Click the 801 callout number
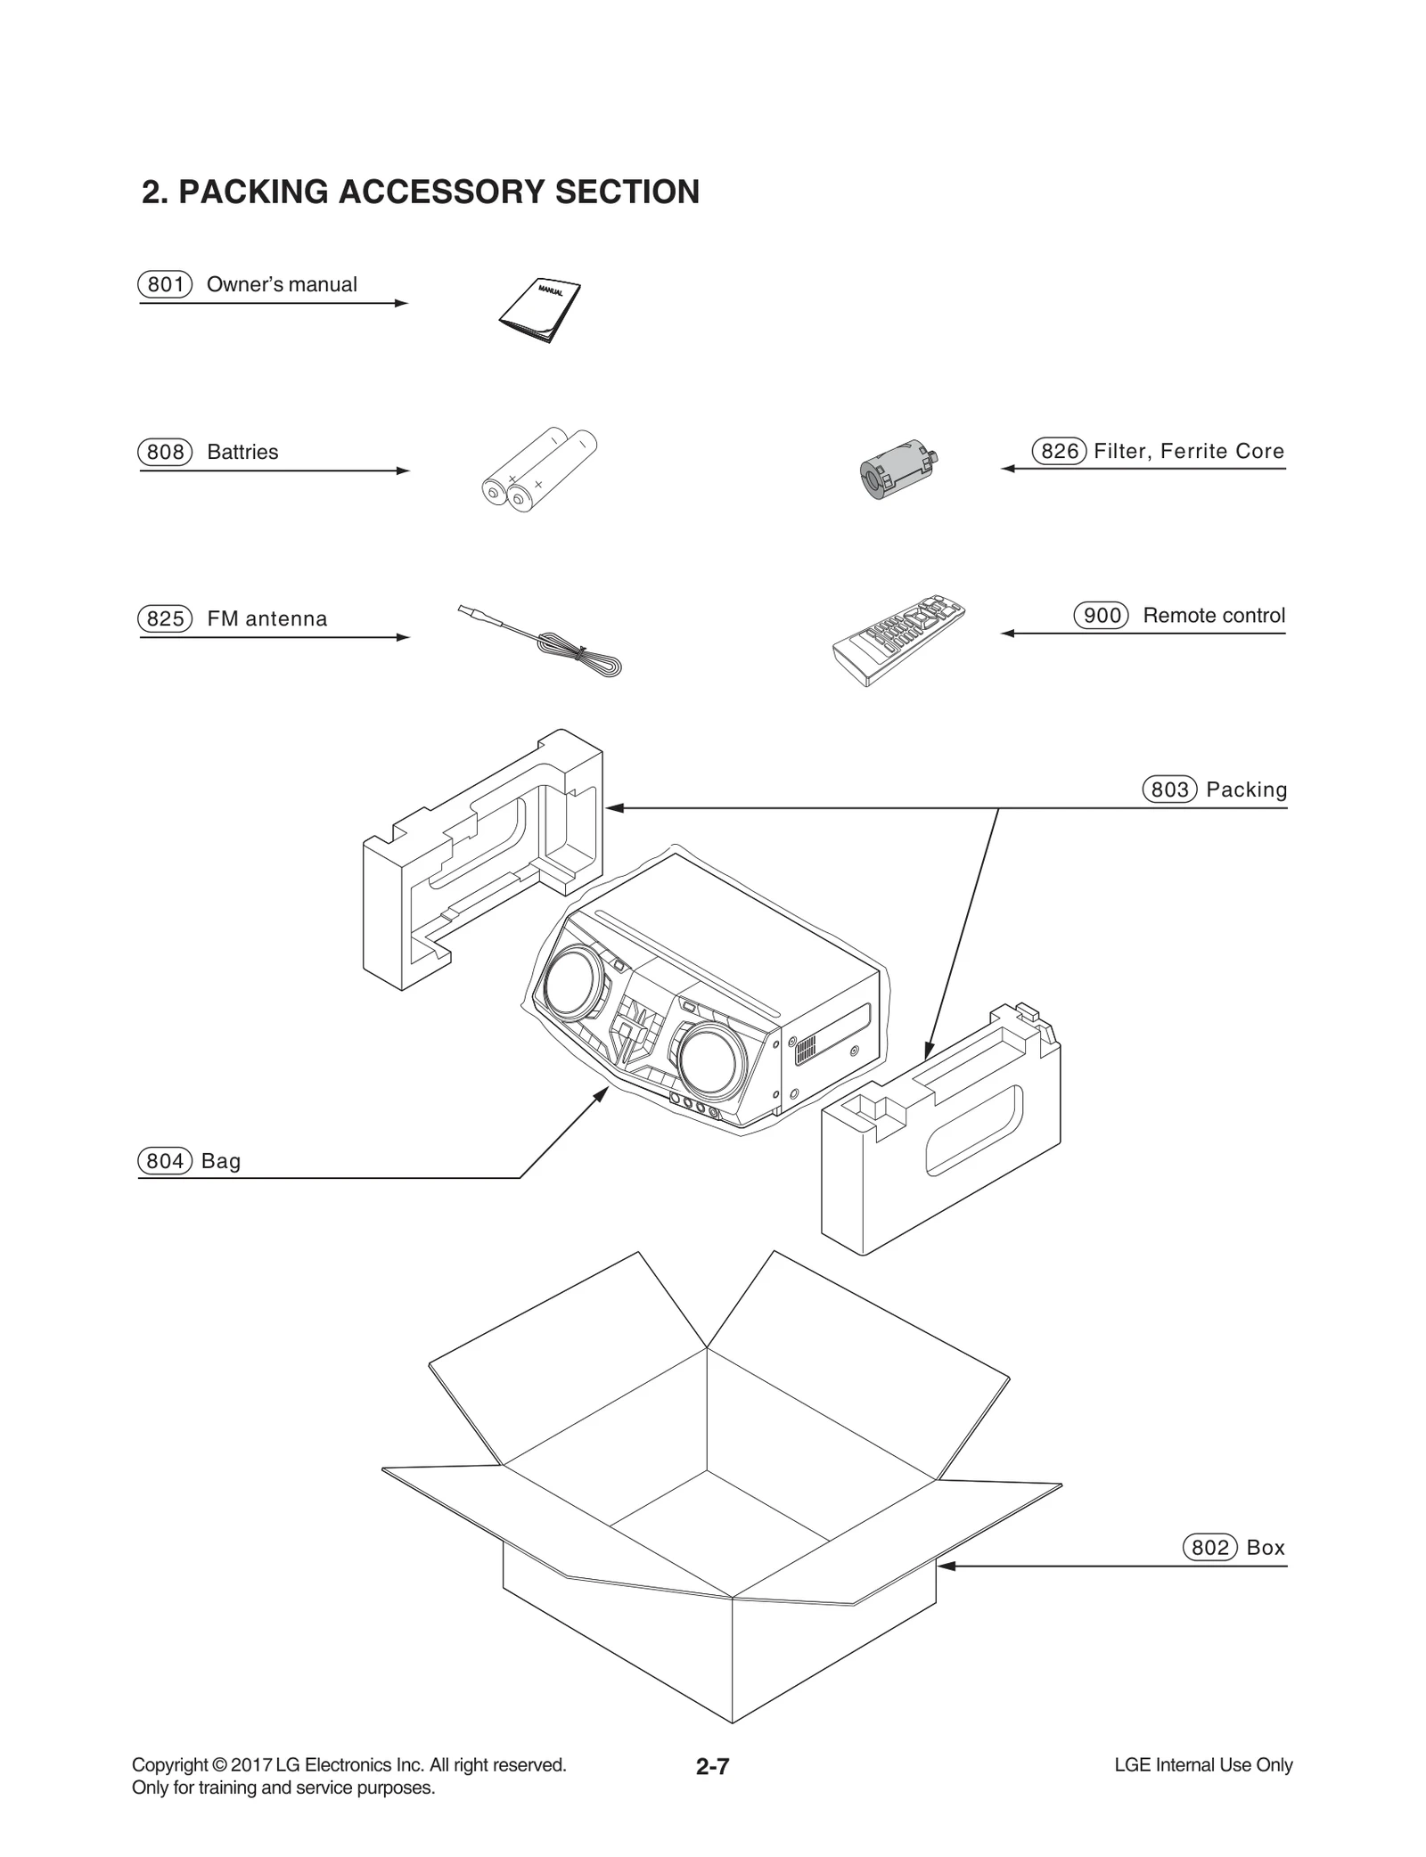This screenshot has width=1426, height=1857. [x=165, y=284]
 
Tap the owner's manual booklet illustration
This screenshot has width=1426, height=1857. [x=540, y=311]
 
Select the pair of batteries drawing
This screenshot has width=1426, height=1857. [x=538, y=469]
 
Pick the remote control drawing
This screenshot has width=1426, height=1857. [x=898, y=639]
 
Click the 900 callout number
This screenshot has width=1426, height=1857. [x=1102, y=616]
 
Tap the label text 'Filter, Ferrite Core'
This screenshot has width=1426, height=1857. [x=1189, y=451]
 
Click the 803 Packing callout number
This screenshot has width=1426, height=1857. [x=1169, y=789]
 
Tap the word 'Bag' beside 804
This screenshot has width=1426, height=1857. [x=221, y=1161]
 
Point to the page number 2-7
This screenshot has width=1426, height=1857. [x=713, y=1766]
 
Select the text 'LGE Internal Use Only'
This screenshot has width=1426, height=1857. [x=1203, y=1765]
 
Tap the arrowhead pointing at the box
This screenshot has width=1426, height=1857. [x=947, y=1566]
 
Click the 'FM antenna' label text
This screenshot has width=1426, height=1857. [x=266, y=618]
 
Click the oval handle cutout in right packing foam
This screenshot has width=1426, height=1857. [x=973, y=1129]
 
